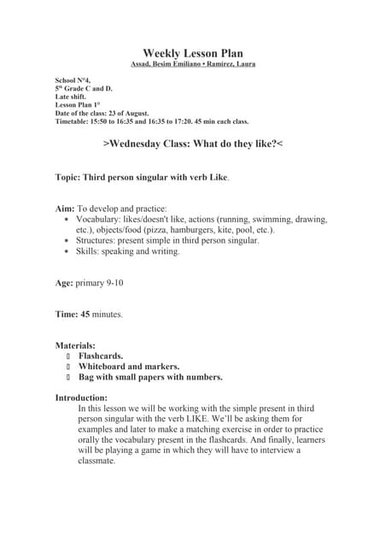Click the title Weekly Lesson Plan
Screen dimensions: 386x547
tap(192, 53)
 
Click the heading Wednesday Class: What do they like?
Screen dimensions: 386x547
tap(192, 144)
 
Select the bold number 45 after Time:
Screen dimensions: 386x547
tap(85, 315)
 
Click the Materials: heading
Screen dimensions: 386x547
tap(75, 345)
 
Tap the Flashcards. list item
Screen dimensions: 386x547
tap(101, 356)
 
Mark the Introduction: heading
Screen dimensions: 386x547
tap(81, 398)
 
